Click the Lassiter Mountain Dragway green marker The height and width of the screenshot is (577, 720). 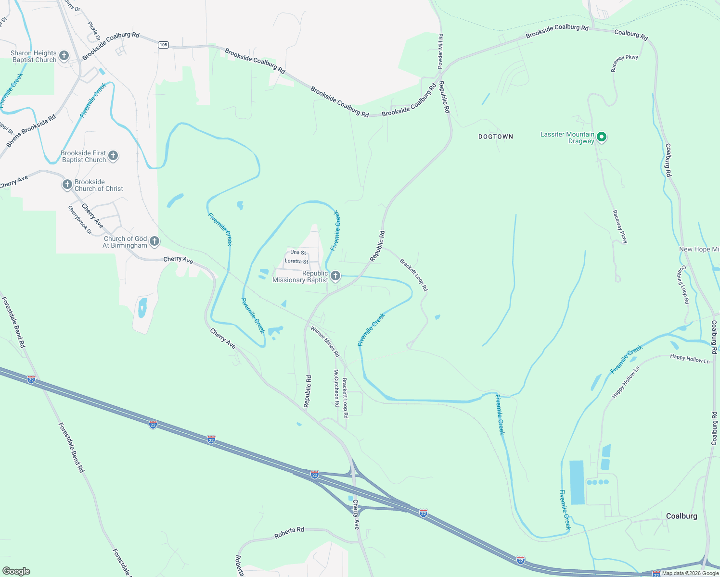pos(601,138)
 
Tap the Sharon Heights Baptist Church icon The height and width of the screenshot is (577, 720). pos(64,56)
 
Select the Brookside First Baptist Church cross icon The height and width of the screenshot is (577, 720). pos(113,156)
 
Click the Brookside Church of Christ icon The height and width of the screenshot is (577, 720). pos(67,185)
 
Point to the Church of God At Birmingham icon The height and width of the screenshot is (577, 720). pos(154,241)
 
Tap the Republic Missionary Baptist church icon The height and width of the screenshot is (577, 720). pos(335,276)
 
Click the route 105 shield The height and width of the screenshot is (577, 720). pos(163,45)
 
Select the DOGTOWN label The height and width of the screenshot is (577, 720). pos(496,137)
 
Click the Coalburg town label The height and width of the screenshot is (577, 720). pos(681,516)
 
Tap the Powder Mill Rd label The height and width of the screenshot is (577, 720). pos(440,51)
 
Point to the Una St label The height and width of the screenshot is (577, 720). pos(298,252)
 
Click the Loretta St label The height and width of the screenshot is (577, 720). pos(296,262)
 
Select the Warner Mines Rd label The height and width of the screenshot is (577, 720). pos(325,341)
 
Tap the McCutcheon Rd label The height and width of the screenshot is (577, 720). pos(336,388)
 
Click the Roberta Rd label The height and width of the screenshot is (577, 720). pos(289,533)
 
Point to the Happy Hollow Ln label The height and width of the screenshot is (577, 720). pos(690,359)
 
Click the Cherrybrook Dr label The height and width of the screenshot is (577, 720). pos(79,220)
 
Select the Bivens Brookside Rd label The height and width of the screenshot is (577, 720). pos(31,131)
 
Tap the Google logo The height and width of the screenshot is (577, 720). pos(16,571)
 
